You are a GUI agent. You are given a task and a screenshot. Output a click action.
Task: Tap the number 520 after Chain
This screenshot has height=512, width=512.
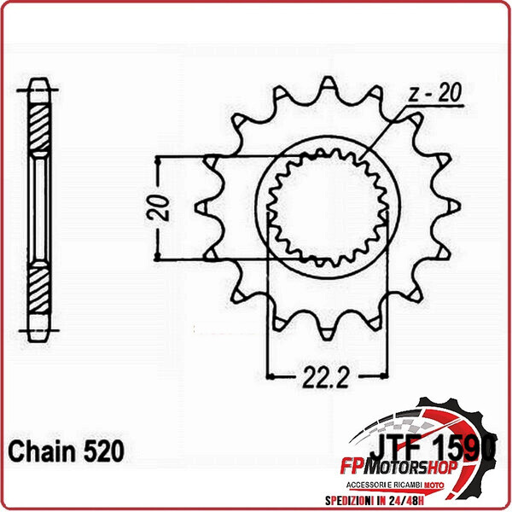coord(102,450)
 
